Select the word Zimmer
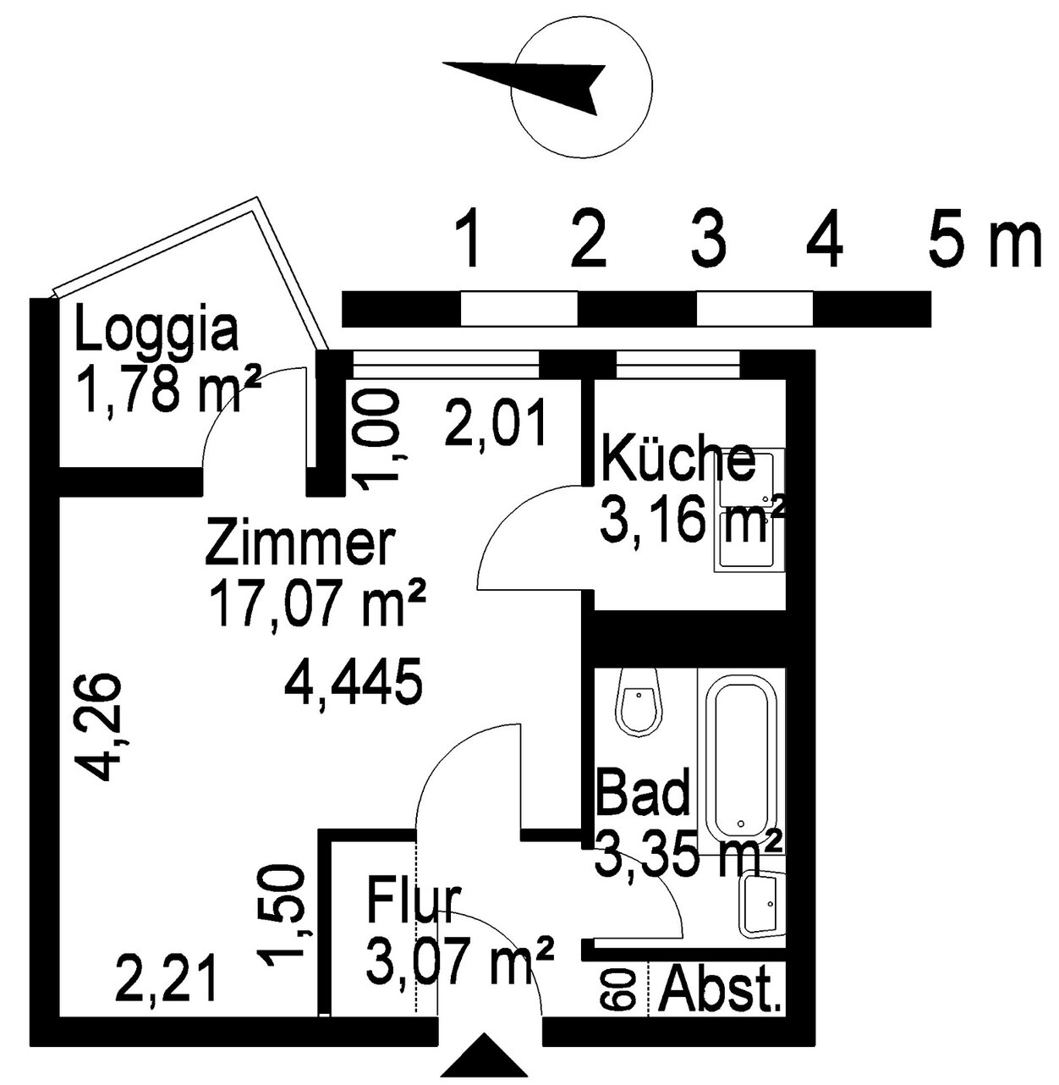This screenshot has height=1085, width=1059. click(x=299, y=542)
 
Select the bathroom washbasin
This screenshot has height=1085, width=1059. click(x=761, y=903)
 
